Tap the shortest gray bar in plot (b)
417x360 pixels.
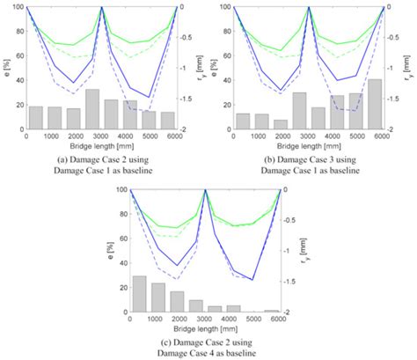click(281, 124)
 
